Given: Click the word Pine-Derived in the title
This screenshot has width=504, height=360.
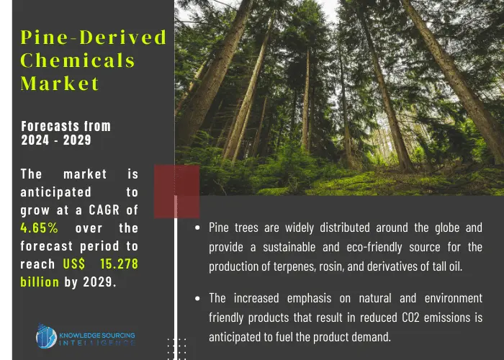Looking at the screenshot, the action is click(x=93, y=37).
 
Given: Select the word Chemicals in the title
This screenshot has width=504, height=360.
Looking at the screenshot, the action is click(x=78, y=60).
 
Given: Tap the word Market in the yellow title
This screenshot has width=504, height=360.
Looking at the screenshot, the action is click(x=60, y=84).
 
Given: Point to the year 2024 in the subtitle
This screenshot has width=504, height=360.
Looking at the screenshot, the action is click(x=35, y=140).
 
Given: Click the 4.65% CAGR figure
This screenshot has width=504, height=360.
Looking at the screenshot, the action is click(x=39, y=228).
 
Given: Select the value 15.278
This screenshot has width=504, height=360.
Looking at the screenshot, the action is click(x=119, y=264).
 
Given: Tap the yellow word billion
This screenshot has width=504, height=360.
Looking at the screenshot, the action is click(x=40, y=282).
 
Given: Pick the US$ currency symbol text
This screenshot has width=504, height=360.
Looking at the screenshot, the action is click(x=74, y=264).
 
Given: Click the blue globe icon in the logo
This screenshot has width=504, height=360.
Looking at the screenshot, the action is click(x=46, y=336).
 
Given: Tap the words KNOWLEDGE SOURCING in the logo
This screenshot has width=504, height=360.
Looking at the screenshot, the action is click(x=97, y=336).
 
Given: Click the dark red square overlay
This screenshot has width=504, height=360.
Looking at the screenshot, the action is click(x=177, y=192).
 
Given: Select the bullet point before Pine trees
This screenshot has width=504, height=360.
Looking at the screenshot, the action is click(x=197, y=228).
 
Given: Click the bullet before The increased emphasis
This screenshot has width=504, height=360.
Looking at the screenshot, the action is click(x=197, y=299).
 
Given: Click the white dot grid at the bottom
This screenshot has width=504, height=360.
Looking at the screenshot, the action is click(x=176, y=348).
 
